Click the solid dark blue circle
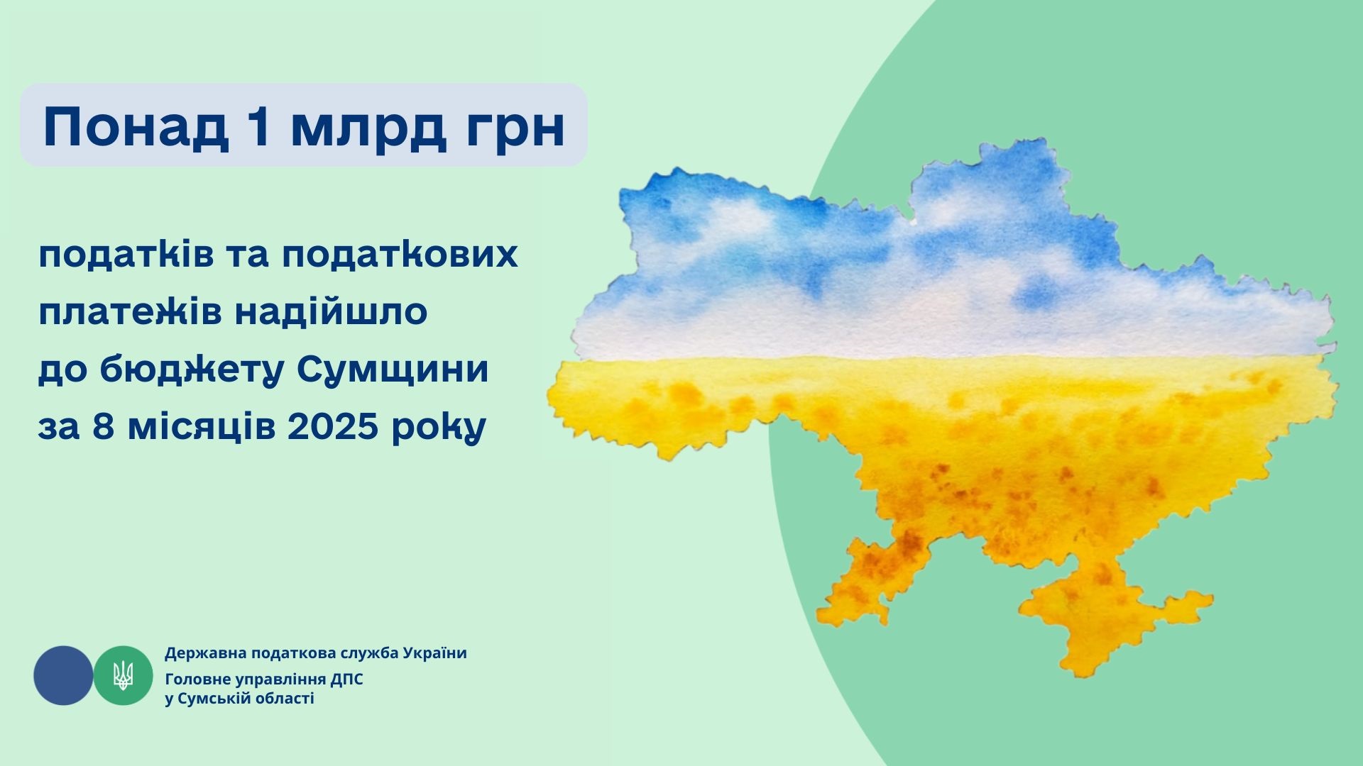(x=63, y=675)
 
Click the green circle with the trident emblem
(x=123, y=675)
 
